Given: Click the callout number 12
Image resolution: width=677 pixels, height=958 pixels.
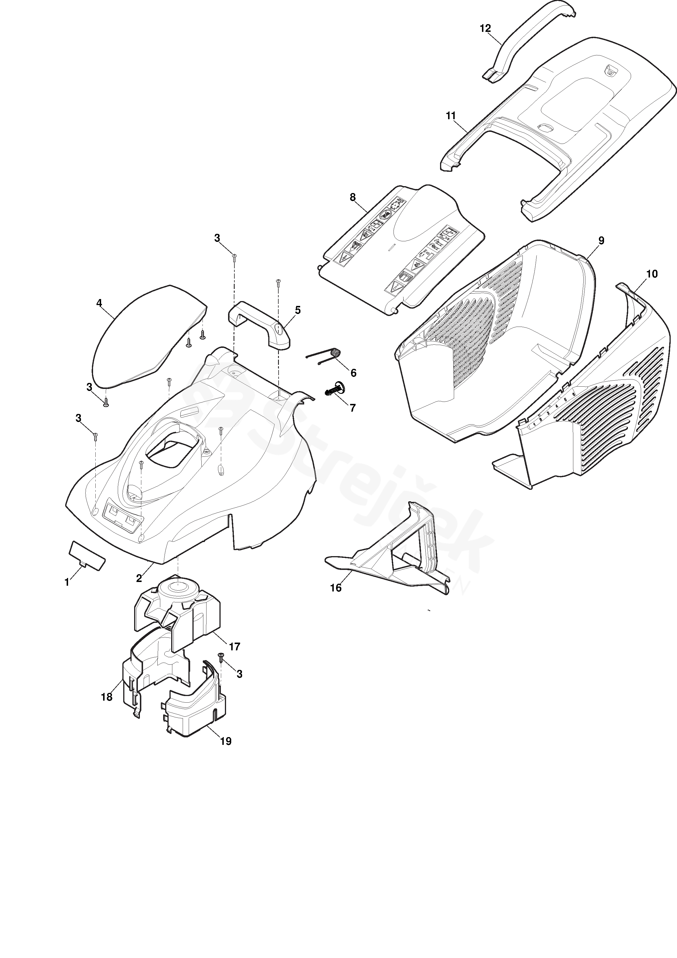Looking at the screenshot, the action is pos(485,28).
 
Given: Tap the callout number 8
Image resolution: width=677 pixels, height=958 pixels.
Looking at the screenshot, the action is pos(353,197).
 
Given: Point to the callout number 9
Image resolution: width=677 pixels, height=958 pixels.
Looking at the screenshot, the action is pos(601,240).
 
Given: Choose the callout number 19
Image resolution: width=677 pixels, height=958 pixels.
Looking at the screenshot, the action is pos(226,741).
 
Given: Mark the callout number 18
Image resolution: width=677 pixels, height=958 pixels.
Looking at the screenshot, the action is pos(107,697).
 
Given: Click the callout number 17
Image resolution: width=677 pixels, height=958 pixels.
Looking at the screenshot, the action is pos(234,646).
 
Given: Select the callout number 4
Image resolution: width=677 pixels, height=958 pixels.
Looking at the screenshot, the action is pos(99,303).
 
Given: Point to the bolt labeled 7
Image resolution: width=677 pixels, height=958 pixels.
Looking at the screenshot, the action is pos(334,390).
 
